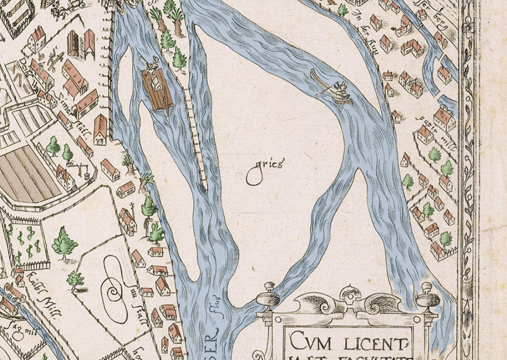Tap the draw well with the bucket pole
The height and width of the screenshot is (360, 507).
pos(81,168)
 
